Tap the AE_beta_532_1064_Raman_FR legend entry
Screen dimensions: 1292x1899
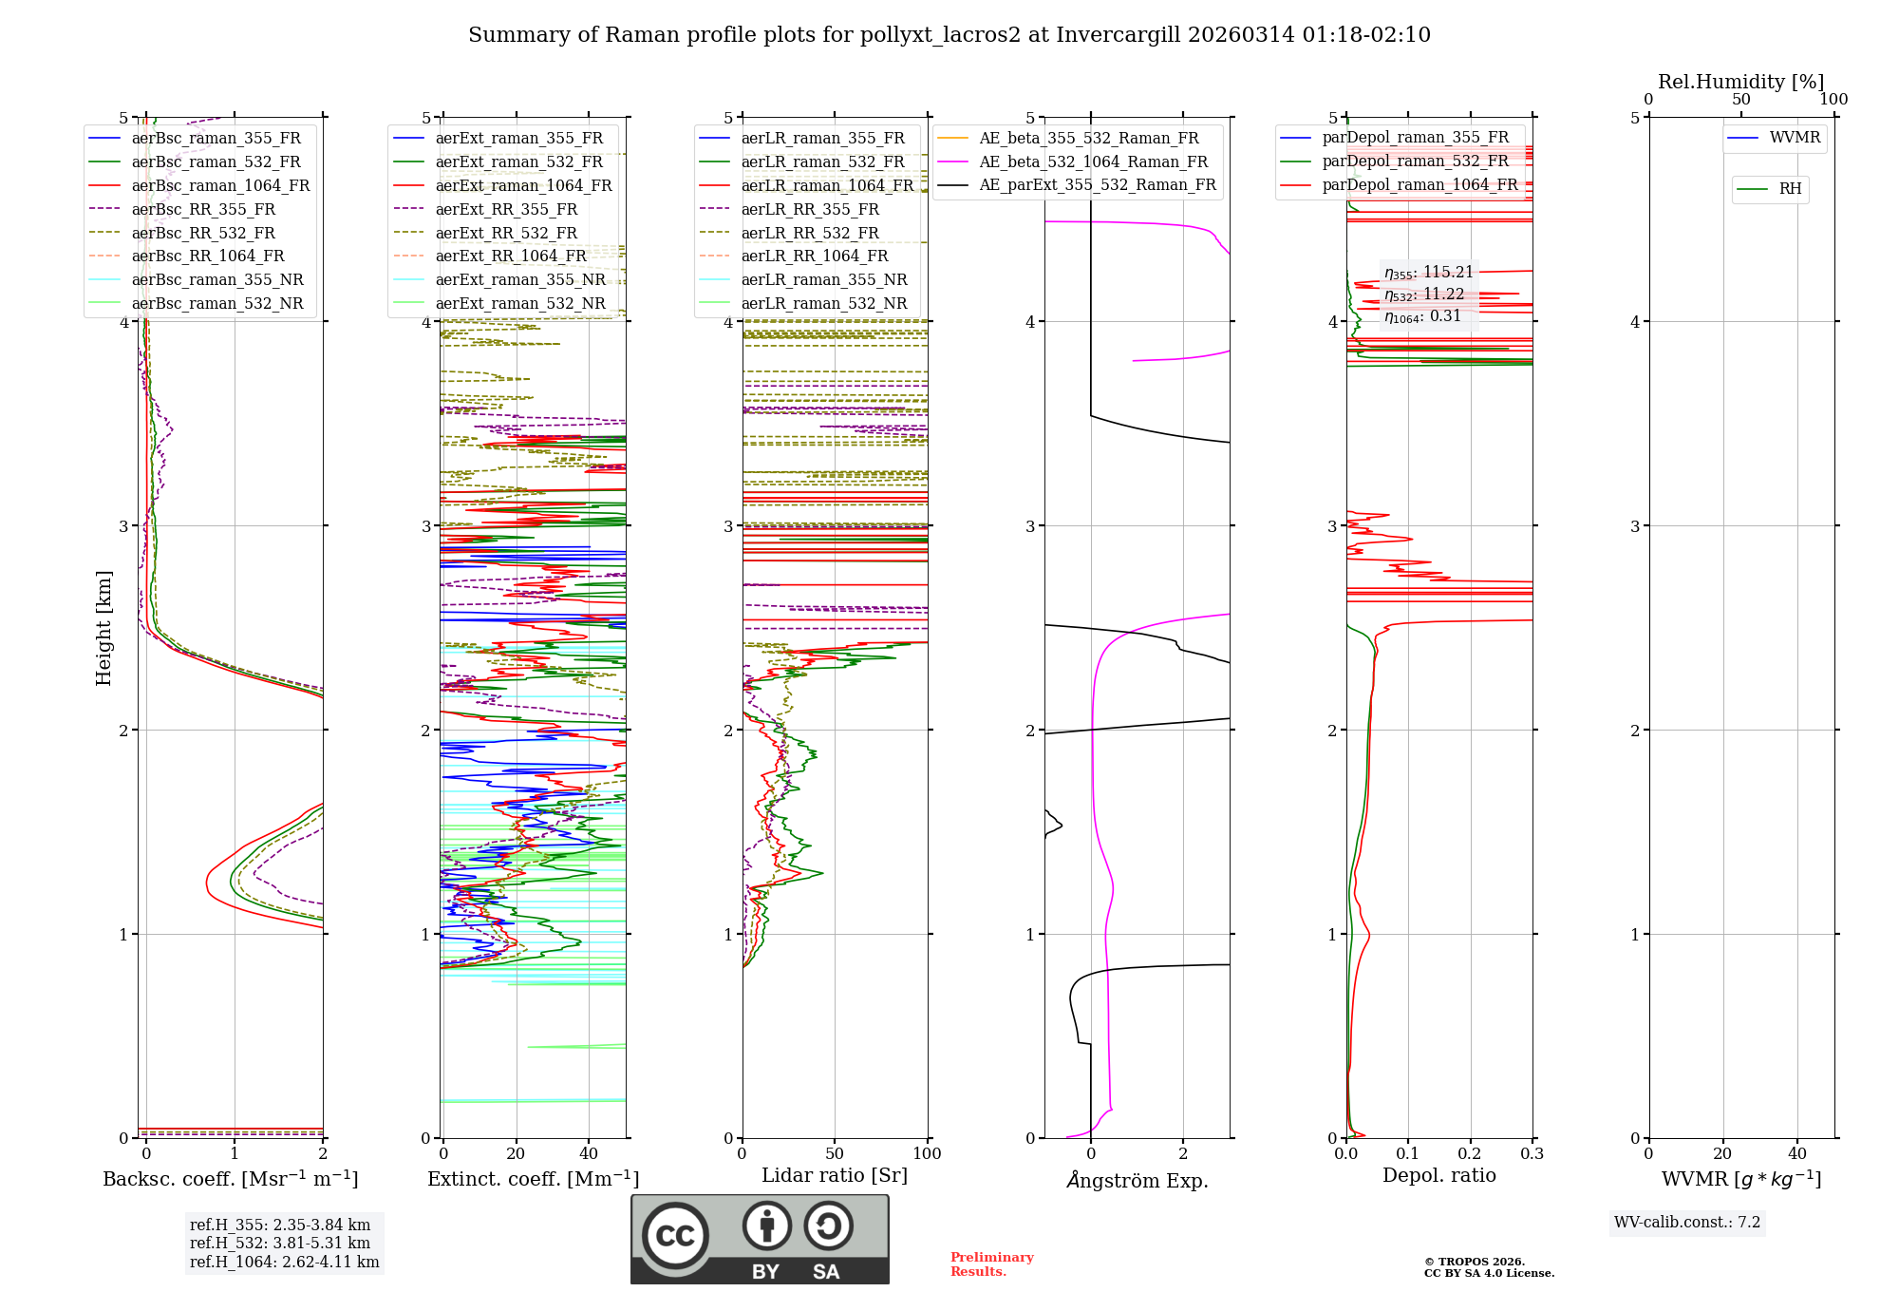1093,161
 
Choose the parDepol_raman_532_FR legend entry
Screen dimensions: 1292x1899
1415,161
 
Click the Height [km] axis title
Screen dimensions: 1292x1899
103,628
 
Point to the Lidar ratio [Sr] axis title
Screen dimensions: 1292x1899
835,1175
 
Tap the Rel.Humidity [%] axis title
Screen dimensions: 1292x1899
1740,82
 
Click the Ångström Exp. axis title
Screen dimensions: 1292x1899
1138,1180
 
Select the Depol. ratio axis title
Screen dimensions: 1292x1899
1438,1175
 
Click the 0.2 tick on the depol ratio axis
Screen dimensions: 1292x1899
1470,1153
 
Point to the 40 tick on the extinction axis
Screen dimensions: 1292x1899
589,1153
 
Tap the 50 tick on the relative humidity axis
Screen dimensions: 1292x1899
1740,100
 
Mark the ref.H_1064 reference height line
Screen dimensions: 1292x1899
284,1262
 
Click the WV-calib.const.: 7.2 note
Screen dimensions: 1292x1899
1687,1222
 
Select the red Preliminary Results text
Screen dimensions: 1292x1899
991,1263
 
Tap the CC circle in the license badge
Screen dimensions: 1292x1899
675,1235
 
